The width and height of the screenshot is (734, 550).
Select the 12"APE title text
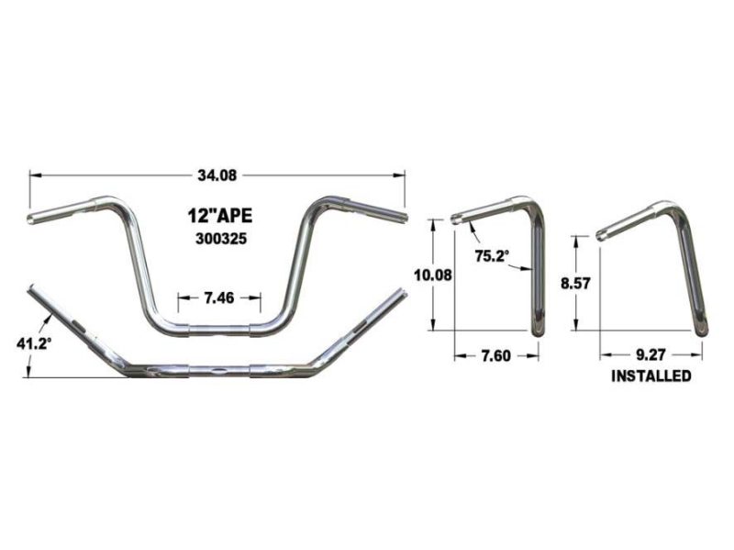pyautogui.click(x=215, y=218)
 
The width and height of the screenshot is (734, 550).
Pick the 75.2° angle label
pyautogui.click(x=492, y=257)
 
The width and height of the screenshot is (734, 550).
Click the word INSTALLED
pyautogui.click(x=651, y=376)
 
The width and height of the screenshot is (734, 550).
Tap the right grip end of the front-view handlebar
pyautogui.click(x=400, y=218)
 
